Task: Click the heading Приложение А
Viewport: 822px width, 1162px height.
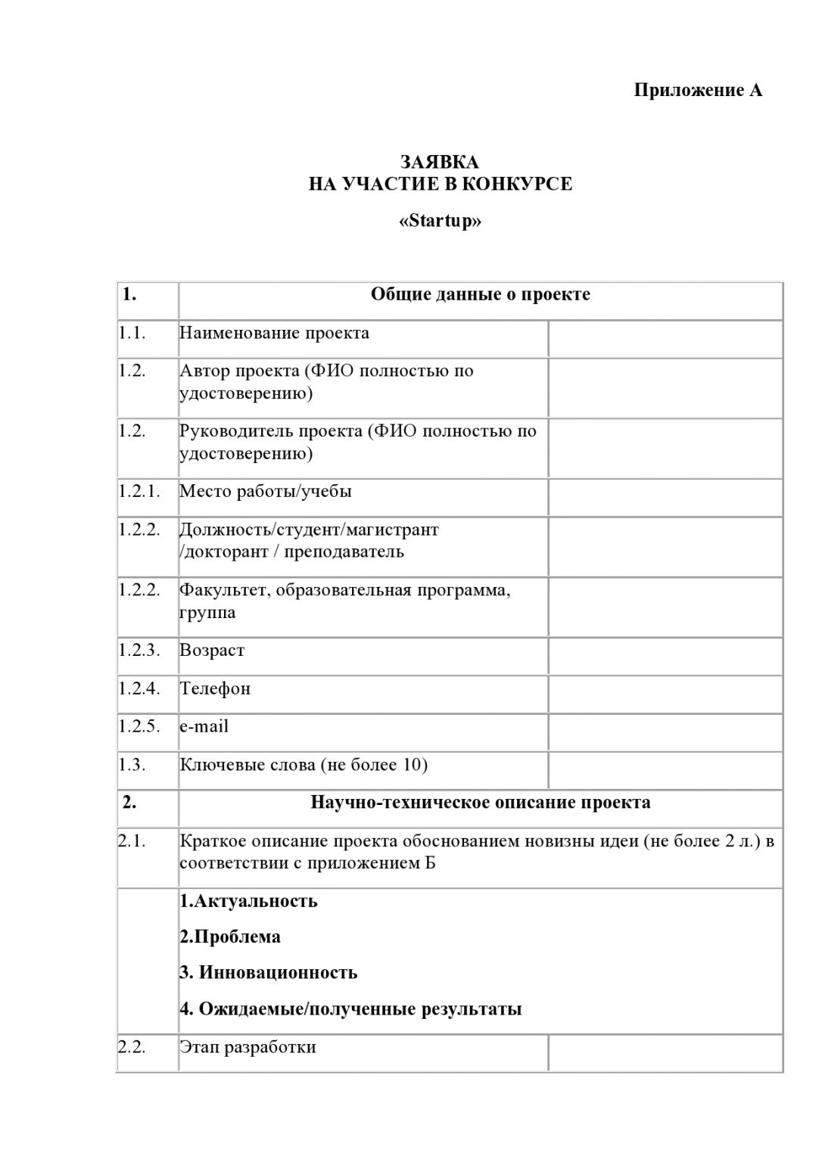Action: click(x=697, y=91)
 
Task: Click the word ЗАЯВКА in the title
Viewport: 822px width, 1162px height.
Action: click(x=439, y=162)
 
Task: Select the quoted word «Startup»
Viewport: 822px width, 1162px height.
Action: click(x=439, y=221)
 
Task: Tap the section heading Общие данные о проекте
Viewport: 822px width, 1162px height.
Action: click(x=480, y=294)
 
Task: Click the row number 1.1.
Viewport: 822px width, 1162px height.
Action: click(x=132, y=332)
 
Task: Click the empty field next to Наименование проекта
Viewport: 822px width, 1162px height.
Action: click(x=665, y=337)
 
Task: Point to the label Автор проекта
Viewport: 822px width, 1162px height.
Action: click(x=239, y=371)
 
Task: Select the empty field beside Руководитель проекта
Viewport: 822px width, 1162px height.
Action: click(x=665, y=449)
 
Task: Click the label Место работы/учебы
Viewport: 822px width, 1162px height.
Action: click(x=266, y=491)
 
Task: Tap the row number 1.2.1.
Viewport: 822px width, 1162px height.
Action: click(x=139, y=491)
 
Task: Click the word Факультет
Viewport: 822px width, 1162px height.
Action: click(x=223, y=590)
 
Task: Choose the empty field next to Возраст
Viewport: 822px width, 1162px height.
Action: click(x=665, y=655)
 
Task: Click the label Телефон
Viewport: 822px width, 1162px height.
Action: click(x=215, y=688)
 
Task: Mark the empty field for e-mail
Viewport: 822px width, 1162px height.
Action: click(x=665, y=732)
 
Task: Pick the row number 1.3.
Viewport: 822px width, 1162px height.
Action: click(x=132, y=764)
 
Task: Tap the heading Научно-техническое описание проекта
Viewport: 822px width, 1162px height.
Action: click(x=480, y=802)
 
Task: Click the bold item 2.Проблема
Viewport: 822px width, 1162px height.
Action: click(x=230, y=937)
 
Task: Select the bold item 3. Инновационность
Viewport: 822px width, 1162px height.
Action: click(x=268, y=972)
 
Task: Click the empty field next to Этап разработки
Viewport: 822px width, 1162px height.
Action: click(x=665, y=1052)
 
